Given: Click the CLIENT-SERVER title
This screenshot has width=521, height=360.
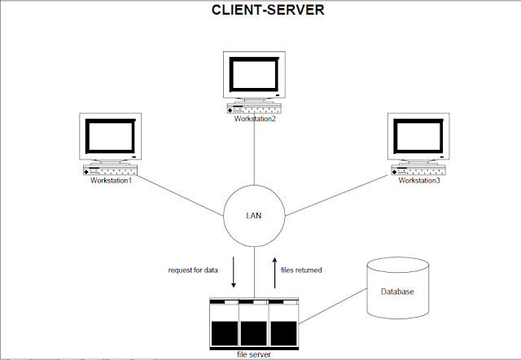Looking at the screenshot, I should click(x=259, y=12).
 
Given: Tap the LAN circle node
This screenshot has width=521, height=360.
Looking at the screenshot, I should click(x=254, y=216).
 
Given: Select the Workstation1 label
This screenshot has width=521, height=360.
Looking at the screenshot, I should click(x=111, y=180).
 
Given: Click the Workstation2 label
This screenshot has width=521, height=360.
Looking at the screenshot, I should click(x=255, y=119).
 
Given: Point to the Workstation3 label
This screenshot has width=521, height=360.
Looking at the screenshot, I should click(x=418, y=180).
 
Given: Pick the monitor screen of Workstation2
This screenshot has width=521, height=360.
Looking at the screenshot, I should click(x=254, y=75).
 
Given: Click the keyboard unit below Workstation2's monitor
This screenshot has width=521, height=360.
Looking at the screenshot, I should click(x=254, y=108).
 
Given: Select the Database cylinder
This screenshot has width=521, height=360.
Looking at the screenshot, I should click(x=399, y=289).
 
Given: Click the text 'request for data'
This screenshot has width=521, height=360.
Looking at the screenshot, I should click(x=194, y=270).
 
